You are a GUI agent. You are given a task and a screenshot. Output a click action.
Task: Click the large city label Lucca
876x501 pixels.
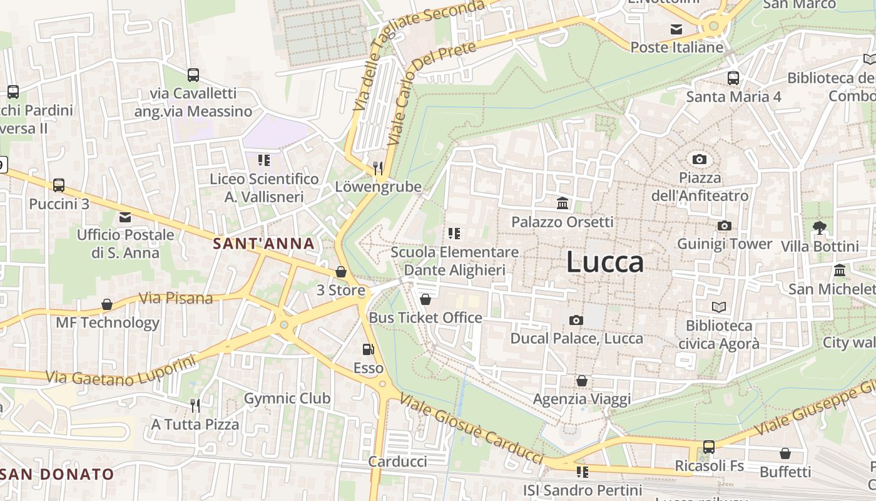point(604,262)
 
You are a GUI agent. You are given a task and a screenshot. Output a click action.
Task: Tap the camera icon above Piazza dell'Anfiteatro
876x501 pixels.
point(700,159)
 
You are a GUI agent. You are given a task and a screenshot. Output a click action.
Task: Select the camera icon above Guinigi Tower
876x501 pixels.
point(725,225)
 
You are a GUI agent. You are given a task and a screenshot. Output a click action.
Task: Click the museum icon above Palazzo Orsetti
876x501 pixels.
point(563,204)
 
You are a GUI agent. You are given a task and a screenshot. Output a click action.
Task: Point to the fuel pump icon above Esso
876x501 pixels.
point(368,349)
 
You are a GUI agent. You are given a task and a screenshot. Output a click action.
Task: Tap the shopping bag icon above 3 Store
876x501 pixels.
point(341,272)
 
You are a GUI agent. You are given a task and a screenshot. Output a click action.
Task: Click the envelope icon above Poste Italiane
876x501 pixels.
point(676,29)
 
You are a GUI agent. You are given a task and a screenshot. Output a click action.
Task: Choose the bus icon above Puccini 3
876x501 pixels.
point(59,185)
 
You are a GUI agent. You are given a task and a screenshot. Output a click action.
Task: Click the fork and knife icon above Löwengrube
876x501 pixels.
point(377,168)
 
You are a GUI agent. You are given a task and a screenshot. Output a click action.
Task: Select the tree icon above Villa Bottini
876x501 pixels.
point(819,227)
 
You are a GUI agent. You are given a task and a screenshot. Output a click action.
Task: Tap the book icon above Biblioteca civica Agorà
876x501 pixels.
point(719,307)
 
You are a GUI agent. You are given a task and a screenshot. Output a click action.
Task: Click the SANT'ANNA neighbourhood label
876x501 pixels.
point(263,244)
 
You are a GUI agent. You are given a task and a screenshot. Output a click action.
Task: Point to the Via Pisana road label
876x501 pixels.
point(175,298)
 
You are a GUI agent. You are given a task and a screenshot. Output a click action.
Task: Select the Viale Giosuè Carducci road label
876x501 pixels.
point(471,429)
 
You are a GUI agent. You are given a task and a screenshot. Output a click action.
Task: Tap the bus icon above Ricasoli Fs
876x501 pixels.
point(709,447)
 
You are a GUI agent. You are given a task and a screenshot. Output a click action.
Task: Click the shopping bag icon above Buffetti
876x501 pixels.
point(785,453)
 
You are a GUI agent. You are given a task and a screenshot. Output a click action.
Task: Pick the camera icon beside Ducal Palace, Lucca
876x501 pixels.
point(576,321)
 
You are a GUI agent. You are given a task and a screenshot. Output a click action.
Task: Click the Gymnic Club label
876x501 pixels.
point(287,398)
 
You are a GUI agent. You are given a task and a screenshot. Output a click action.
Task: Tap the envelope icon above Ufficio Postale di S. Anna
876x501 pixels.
point(125,217)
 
